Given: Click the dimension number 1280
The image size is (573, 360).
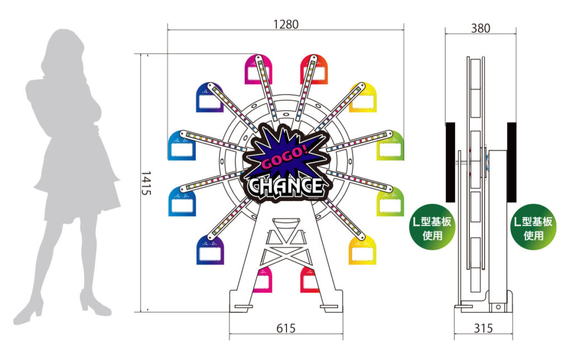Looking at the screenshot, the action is click(x=286, y=25).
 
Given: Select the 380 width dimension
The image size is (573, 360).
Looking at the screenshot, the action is click(x=480, y=28).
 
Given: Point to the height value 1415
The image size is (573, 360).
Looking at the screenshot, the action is click(x=146, y=183).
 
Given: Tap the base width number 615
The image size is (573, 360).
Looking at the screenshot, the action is click(x=286, y=328).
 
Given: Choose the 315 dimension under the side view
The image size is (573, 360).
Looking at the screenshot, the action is click(x=483, y=328).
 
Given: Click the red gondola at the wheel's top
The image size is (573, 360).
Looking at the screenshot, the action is click(x=314, y=69).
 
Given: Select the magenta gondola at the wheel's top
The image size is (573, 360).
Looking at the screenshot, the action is click(x=259, y=69).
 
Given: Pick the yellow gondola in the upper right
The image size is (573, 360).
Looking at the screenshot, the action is click(x=363, y=97).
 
